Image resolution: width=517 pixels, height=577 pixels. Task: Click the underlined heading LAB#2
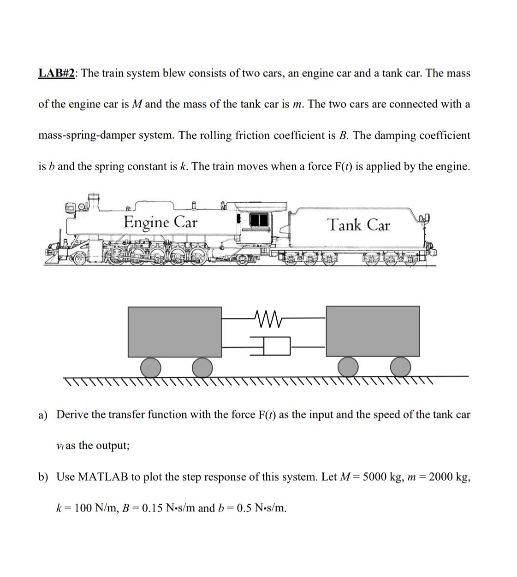[x=57, y=73]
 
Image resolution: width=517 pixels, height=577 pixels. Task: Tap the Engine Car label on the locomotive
[x=160, y=223]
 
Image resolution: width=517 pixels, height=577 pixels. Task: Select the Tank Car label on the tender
[x=358, y=225]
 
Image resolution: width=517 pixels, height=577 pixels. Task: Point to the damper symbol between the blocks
[x=272, y=346]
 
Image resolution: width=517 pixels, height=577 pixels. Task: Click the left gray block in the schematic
[x=174, y=331]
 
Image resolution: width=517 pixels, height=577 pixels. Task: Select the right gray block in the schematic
[x=373, y=331]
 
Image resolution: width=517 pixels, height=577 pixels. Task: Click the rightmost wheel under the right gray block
[x=400, y=368]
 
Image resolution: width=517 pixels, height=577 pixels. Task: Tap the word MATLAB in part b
[x=102, y=477]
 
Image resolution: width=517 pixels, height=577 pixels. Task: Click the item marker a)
[x=43, y=415]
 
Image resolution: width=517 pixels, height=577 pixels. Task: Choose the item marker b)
[x=43, y=477]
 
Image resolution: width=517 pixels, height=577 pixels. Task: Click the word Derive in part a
[x=72, y=415]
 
